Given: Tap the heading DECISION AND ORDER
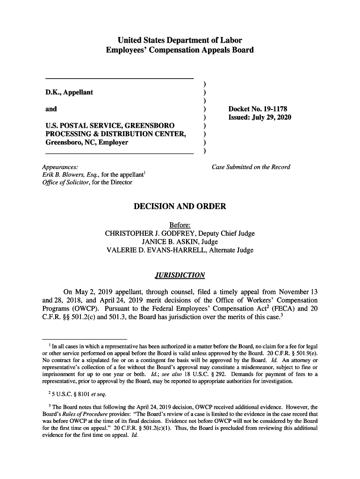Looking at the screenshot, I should click(x=180, y=206).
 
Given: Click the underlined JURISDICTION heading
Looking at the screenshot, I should click(x=180, y=274).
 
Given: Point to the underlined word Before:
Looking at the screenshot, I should click(x=180, y=225).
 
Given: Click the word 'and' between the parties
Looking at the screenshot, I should click(x=51, y=109).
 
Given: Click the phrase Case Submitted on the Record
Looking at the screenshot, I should click(x=251, y=167).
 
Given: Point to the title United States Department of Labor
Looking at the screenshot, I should click(x=180, y=40).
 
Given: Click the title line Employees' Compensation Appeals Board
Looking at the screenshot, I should click(x=180, y=50).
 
